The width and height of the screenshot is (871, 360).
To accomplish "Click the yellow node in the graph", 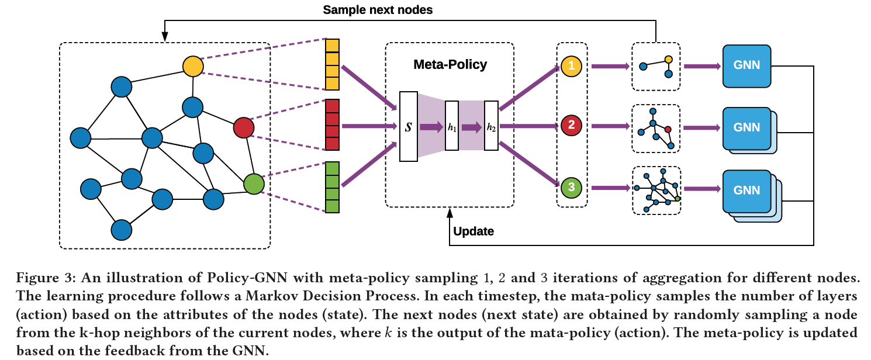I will [193, 66].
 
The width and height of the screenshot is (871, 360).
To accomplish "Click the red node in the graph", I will [243, 127].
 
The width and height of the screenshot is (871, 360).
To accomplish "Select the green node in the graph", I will [254, 184].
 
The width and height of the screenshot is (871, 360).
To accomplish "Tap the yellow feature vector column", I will [332, 64].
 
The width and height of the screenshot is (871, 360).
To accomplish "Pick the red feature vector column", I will [332, 125].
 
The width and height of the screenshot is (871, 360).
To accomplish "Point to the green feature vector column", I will [332, 187].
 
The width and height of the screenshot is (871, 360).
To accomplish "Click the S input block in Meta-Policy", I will [409, 126].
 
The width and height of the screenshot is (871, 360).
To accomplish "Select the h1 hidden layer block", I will [452, 126].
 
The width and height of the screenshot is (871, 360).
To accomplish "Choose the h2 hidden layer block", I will [491, 126].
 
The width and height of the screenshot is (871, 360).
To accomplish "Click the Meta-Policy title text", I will [450, 64].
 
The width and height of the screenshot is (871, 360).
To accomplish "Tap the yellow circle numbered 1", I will [571, 66].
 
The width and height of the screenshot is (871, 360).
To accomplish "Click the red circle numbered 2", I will [571, 125].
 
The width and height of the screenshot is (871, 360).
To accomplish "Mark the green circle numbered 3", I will [571, 188].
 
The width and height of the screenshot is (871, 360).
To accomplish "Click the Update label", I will [473, 231].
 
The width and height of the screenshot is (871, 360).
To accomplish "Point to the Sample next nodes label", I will [378, 10].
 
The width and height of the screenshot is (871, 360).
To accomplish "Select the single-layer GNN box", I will [746, 66].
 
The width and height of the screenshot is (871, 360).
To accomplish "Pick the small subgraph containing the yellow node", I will [656, 67].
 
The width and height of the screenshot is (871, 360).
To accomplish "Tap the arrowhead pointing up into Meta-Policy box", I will [450, 213].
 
